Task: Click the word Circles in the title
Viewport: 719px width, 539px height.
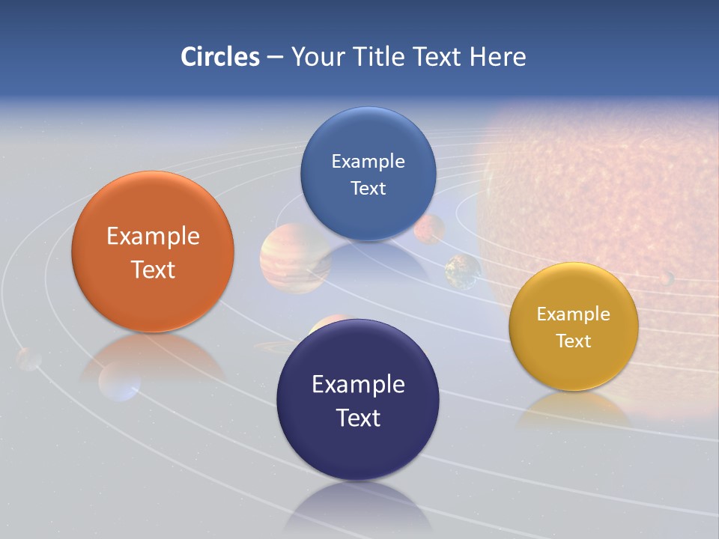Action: [x=219, y=57]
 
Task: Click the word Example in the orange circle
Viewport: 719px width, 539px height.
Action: [x=153, y=237]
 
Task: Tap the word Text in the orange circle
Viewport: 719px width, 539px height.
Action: [x=153, y=269]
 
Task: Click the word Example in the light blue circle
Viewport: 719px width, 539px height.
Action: [x=368, y=162]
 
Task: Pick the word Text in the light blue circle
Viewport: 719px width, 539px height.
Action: [x=368, y=189]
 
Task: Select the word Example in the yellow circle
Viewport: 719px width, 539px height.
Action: [x=573, y=314]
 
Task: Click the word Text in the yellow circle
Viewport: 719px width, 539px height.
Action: [x=573, y=341]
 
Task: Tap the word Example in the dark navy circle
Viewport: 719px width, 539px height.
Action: [x=358, y=385]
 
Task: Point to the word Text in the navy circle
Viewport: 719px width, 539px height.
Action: [x=358, y=418]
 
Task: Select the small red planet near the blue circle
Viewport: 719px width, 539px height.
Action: [x=430, y=228]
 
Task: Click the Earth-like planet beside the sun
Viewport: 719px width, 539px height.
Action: [x=463, y=271]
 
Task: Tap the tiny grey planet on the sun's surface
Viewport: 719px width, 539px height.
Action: [x=666, y=278]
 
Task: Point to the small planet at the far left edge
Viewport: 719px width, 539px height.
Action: [x=28, y=359]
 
